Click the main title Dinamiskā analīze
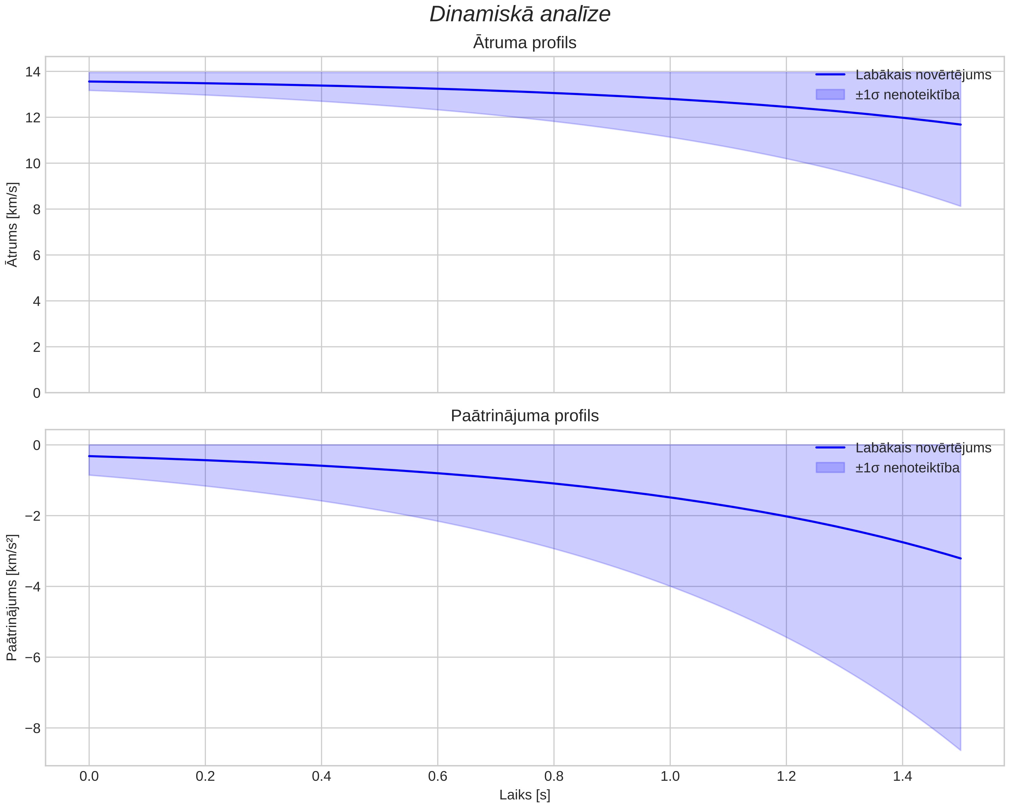pyautogui.click(x=520, y=14)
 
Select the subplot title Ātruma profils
pyautogui.click(x=525, y=43)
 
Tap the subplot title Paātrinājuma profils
pyautogui.click(x=525, y=416)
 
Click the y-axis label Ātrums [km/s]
pyautogui.click(x=13, y=225)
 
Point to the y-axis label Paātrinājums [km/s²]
pyautogui.click(x=13, y=598)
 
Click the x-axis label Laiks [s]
pyautogui.click(x=525, y=795)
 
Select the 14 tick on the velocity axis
pyautogui.click(x=33, y=72)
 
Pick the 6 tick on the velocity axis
pyautogui.click(x=37, y=255)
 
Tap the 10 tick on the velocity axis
pyautogui.click(x=33, y=163)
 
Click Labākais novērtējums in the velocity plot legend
pyautogui.click(x=923, y=75)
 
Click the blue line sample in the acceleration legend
pyautogui.click(x=830, y=448)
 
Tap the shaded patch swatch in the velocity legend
pyautogui.click(x=830, y=95)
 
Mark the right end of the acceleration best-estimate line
pyautogui.click(x=961, y=559)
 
